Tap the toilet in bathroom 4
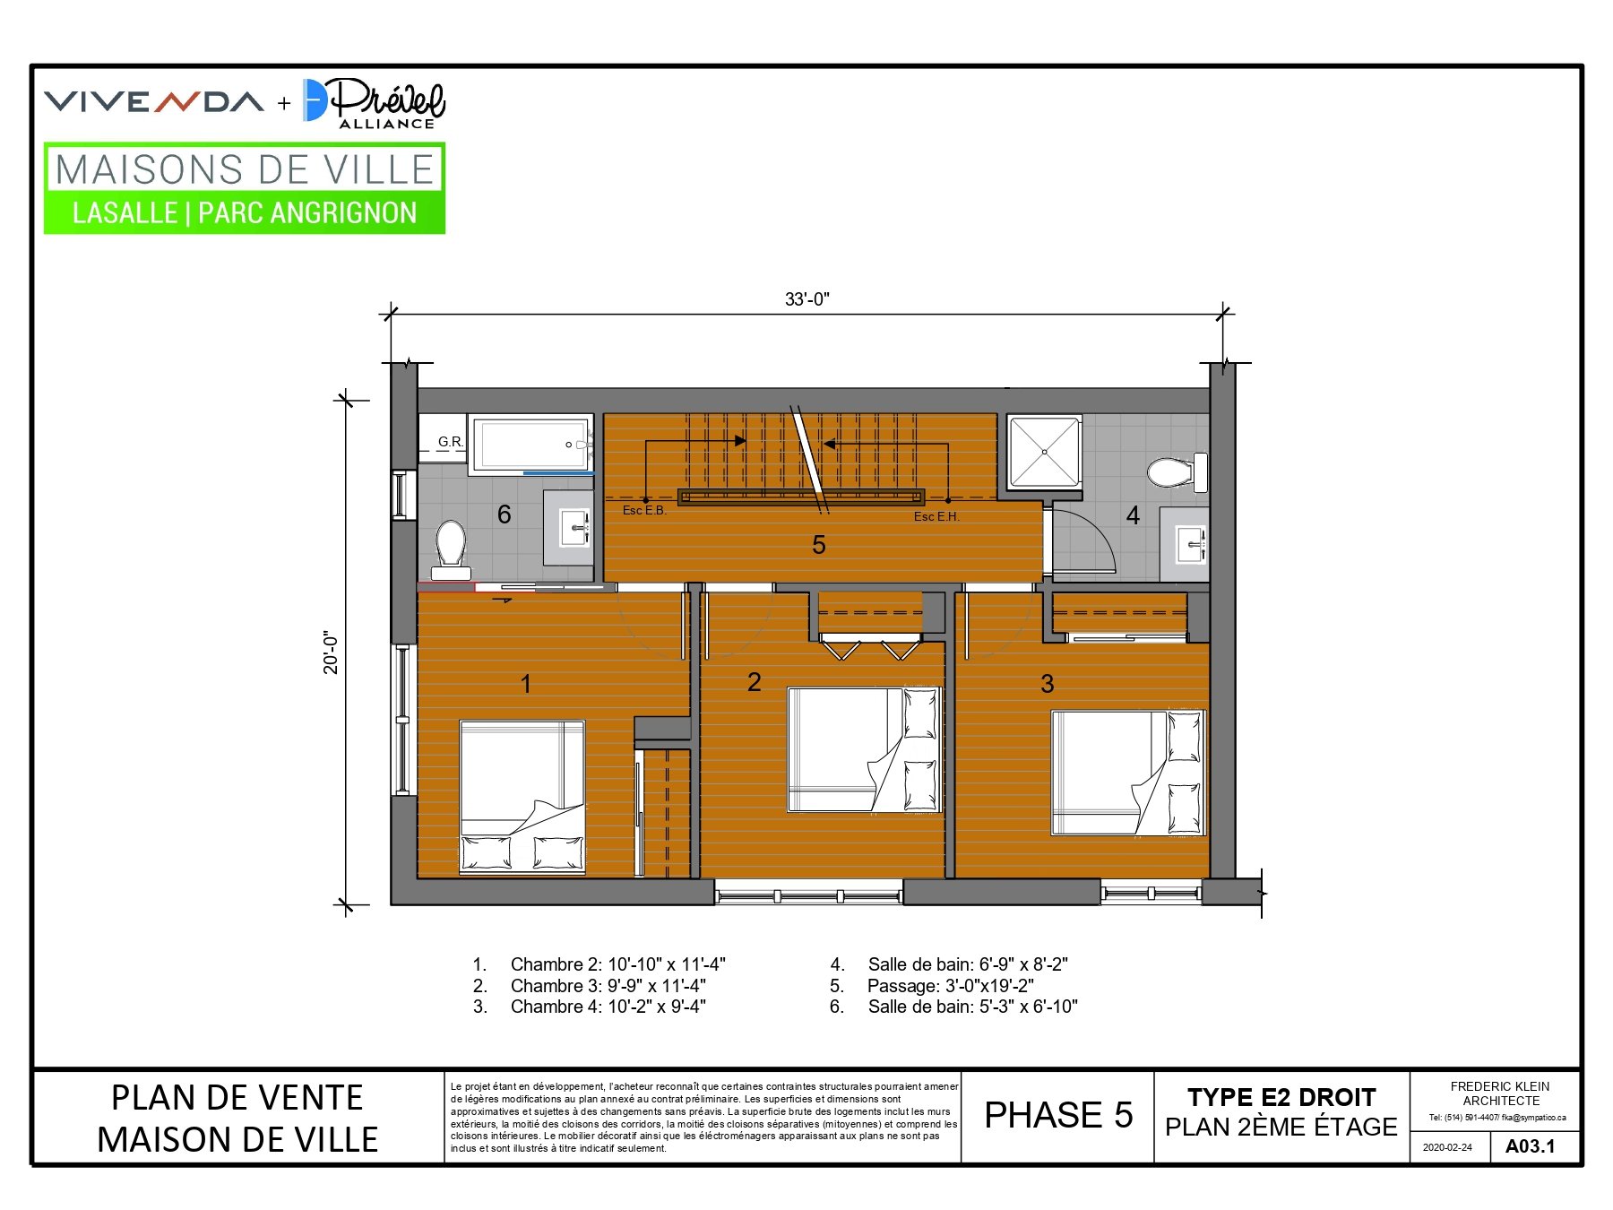pyautogui.click(x=1177, y=472)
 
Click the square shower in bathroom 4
pyautogui.click(x=1045, y=452)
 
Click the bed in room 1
pyautogui.click(x=522, y=797)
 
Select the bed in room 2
pyautogui.click(x=865, y=750)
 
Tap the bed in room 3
pyautogui.click(x=1128, y=773)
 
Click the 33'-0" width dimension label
pyautogui.click(x=807, y=299)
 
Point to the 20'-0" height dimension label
pyautogui.click(x=332, y=653)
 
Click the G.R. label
pyautogui.click(x=451, y=442)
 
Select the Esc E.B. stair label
pyautogui.click(x=644, y=511)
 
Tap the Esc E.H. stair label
pyautogui.click(x=936, y=517)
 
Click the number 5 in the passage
pyautogui.click(x=819, y=545)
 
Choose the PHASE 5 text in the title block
pyautogui.click(x=1058, y=1115)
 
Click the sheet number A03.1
pyautogui.click(x=1531, y=1146)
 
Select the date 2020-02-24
pyautogui.click(x=1447, y=1147)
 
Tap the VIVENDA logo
pyautogui.click(x=154, y=101)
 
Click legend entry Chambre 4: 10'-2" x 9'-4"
pyautogui.click(x=608, y=1007)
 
